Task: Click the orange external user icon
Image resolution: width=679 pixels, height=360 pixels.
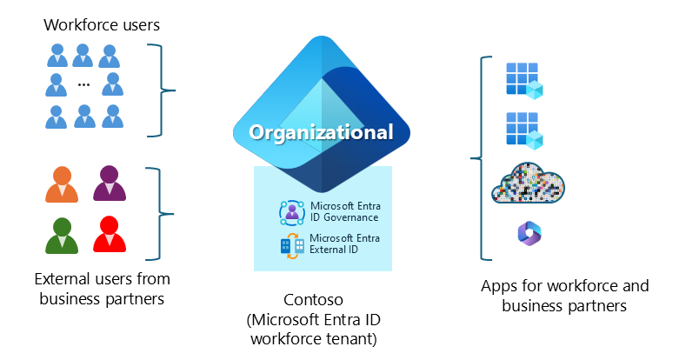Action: (x=62, y=184)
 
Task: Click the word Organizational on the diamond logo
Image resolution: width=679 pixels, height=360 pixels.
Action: (x=322, y=133)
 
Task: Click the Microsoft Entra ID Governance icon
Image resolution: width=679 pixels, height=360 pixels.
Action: (x=290, y=211)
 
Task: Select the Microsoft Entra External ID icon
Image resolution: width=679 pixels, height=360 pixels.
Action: (x=290, y=245)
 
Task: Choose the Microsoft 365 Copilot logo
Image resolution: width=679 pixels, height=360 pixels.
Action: (x=528, y=233)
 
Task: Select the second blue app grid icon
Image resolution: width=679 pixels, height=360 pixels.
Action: (x=523, y=130)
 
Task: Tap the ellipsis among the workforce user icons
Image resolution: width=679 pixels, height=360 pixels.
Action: (x=83, y=85)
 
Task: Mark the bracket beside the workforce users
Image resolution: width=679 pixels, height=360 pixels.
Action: (x=161, y=90)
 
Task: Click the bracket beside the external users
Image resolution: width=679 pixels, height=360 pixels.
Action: (x=161, y=213)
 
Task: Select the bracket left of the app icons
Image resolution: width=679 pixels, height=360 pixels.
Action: (x=476, y=158)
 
